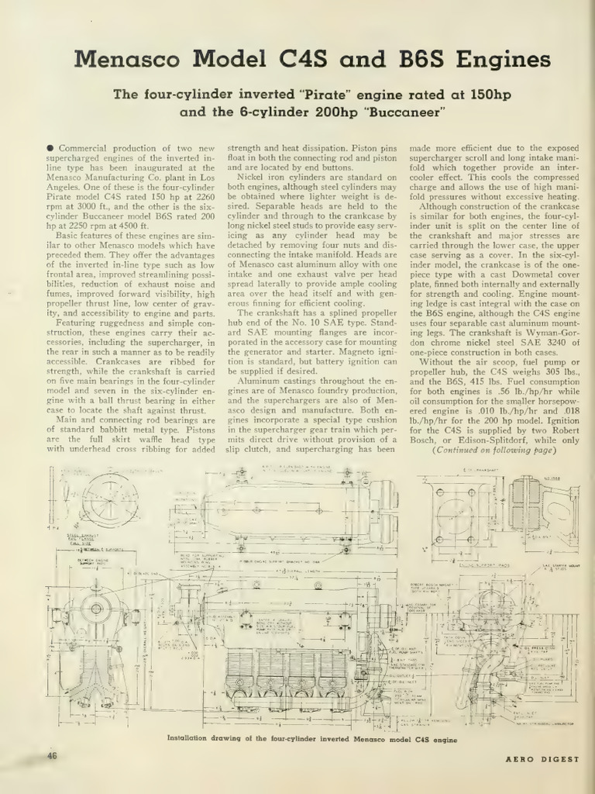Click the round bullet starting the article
coord(50,148)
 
